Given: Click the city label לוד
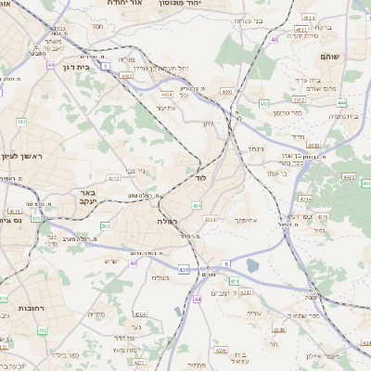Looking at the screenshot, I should [201, 176].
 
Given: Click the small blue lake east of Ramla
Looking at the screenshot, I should [253, 267].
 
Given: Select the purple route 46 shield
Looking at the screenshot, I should [275, 40].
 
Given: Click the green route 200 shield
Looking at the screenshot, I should [105, 225].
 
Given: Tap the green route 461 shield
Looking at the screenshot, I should [264, 104].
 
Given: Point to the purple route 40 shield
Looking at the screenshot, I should [133, 263].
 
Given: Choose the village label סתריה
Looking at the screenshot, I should [96, 313].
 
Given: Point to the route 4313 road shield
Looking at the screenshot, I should [114, 178].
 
